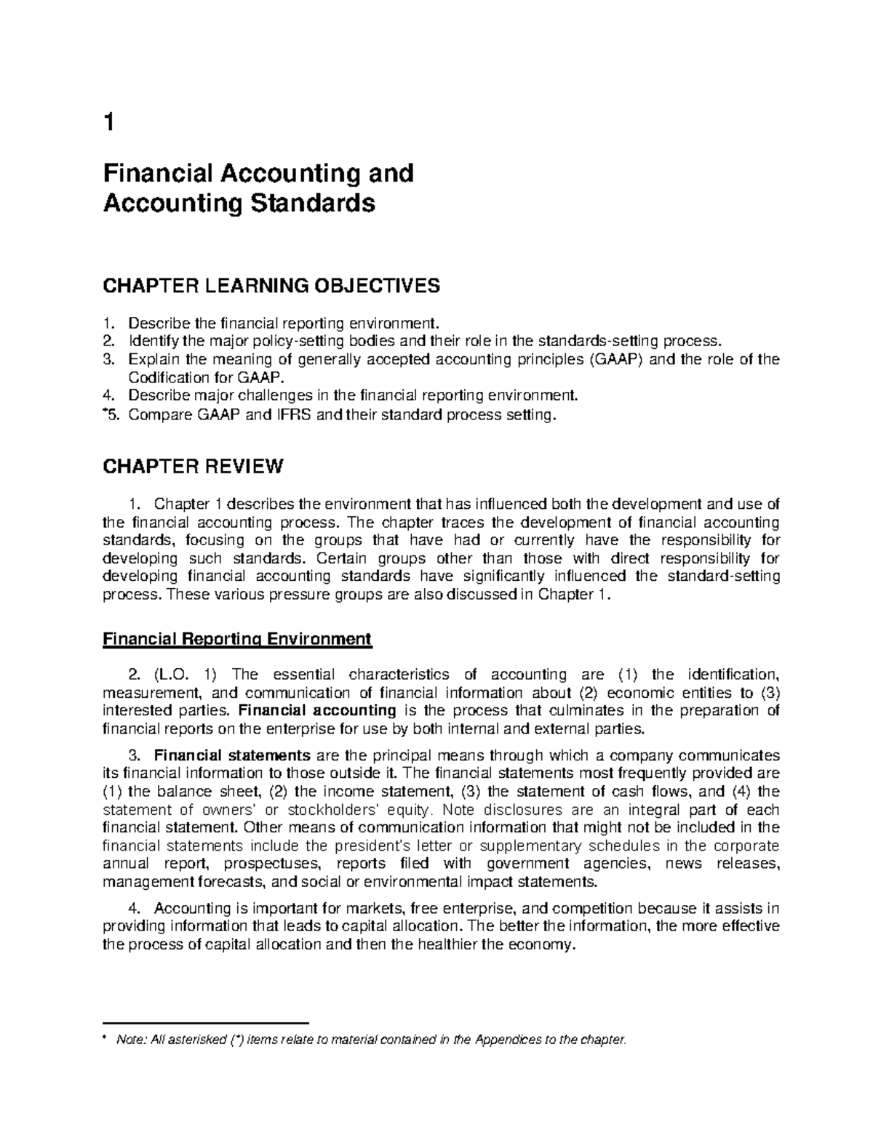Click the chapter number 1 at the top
109,124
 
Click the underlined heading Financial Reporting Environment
237,639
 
